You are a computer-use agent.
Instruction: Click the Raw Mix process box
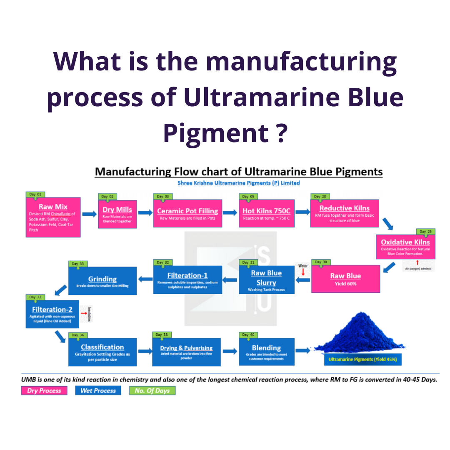coord(52,217)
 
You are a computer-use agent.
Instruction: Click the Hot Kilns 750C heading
coord(267,211)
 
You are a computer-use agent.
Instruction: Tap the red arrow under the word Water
coord(303,272)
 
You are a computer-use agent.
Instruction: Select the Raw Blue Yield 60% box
coord(345,278)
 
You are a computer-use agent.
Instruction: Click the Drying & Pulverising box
coord(186,352)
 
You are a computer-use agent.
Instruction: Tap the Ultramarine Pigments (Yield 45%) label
coord(362,359)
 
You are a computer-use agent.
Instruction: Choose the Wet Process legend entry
coord(98,390)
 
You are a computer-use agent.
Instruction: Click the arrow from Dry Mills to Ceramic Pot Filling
coord(145,213)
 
